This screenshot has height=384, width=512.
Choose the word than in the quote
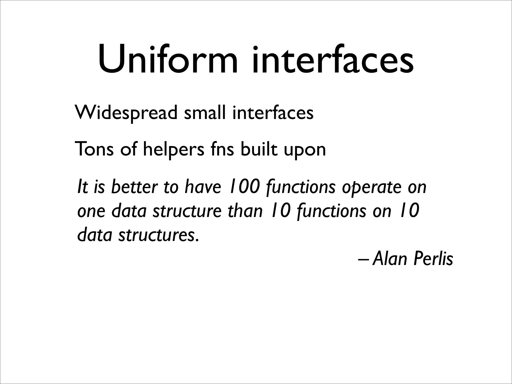(x=245, y=211)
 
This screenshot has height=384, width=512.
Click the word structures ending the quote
(x=158, y=235)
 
